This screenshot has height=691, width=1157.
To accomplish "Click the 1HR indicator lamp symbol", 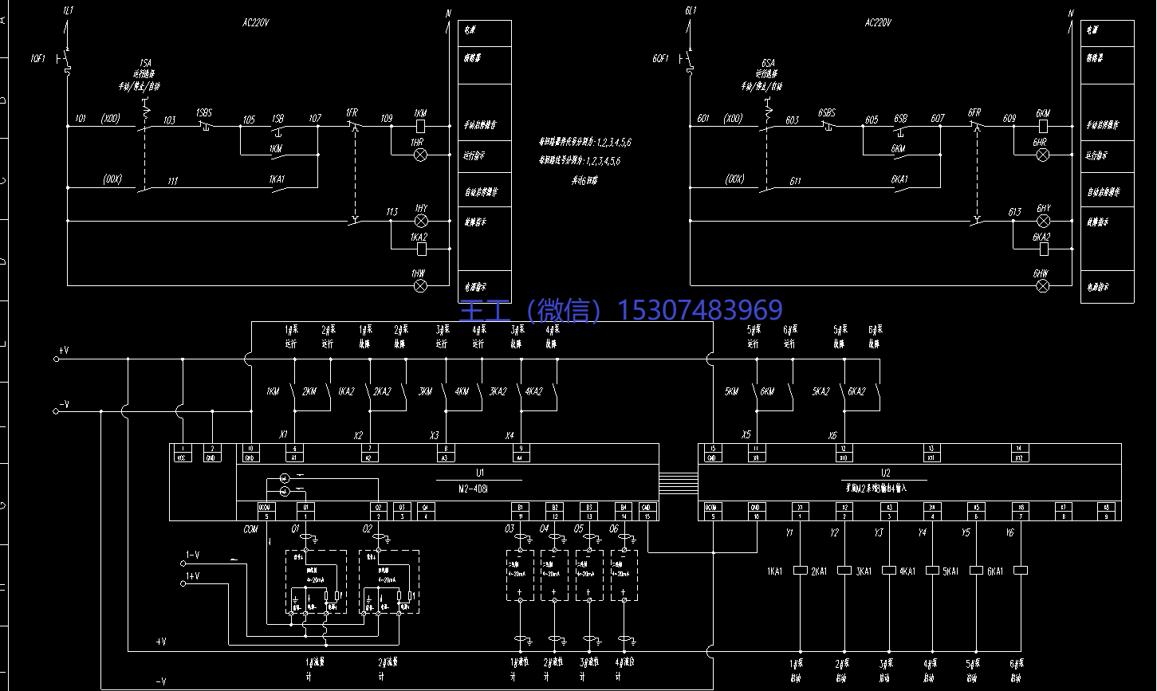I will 420,155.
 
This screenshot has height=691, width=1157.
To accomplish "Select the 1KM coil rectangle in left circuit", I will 420,126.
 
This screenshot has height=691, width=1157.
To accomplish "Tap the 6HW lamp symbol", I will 1042,285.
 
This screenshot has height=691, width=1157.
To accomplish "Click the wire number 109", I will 386,119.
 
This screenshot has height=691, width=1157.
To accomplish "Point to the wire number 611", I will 795,182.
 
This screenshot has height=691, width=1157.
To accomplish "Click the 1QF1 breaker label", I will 39,59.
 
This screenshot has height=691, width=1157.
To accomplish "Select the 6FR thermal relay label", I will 974,113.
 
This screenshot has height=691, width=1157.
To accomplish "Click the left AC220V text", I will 255,23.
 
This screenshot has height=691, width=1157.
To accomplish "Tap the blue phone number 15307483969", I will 701,309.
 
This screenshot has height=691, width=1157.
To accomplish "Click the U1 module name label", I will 480,473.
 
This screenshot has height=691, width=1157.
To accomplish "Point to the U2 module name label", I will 885,473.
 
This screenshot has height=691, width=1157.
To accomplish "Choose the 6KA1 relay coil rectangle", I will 1021,571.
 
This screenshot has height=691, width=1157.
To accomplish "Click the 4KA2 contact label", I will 533,391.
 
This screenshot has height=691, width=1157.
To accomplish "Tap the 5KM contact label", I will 731,391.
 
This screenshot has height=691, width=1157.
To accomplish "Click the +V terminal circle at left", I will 56,359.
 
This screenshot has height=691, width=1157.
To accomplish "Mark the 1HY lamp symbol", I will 420,221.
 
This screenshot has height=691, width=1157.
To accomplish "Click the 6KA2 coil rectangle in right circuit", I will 1042,249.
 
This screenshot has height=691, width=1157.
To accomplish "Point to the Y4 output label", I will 923,532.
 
